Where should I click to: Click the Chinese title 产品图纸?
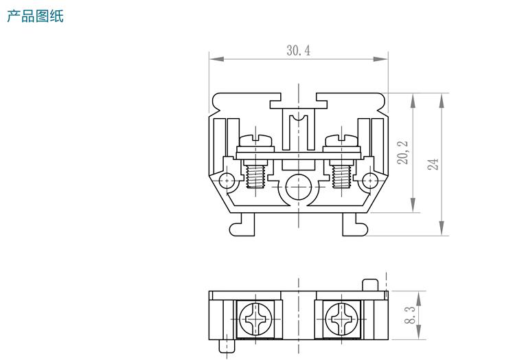click(x=35, y=15)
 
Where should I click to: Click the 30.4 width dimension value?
click(x=298, y=50)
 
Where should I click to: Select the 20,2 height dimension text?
click(x=403, y=152)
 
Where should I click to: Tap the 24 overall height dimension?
click(x=433, y=164)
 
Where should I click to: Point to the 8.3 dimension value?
click(x=410, y=315)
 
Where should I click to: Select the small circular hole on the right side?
click(x=370, y=181)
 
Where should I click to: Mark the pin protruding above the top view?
click(x=369, y=284)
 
